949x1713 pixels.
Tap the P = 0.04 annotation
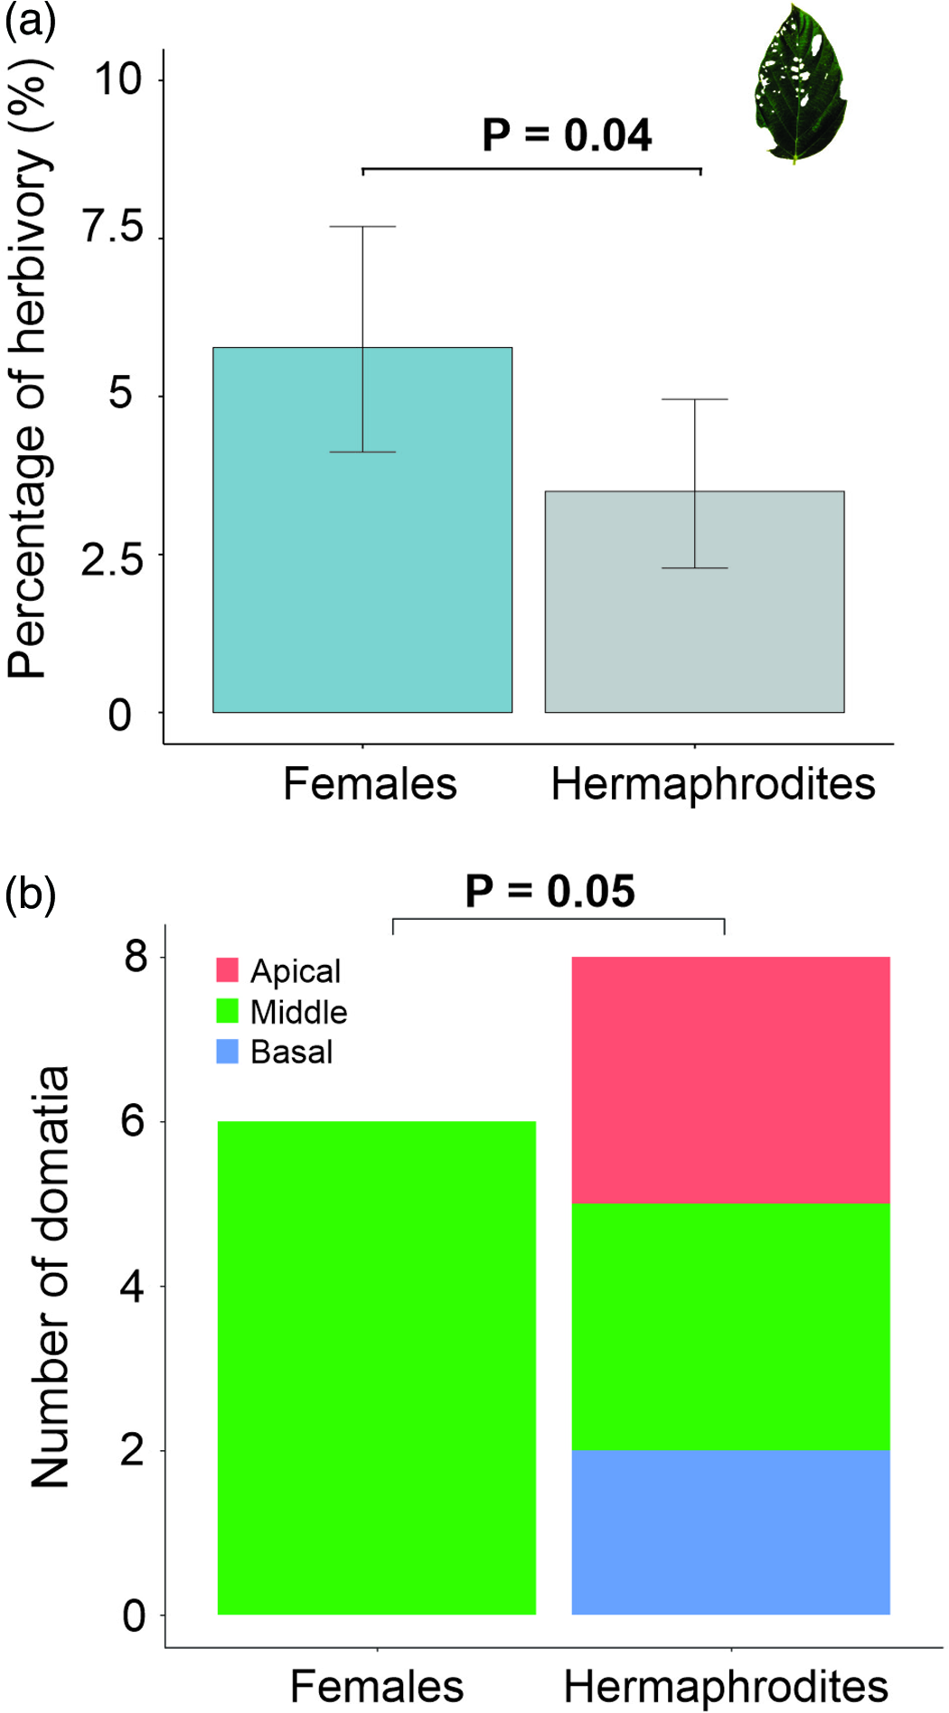[x=567, y=136]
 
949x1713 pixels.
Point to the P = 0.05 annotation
[x=550, y=892]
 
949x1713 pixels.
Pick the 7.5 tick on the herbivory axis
[x=112, y=228]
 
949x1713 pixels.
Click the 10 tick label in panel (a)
[x=117, y=80]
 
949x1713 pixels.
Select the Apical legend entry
[x=279, y=971]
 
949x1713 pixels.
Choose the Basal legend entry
[x=276, y=1053]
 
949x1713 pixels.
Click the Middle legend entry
[x=282, y=1012]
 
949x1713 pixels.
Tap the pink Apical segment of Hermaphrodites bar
[x=730, y=1080]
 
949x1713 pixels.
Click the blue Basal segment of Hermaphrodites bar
[x=730, y=1533]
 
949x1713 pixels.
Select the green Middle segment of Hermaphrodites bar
[x=730, y=1326]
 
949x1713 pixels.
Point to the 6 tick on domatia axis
[x=133, y=1121]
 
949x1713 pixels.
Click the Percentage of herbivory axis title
[x=29, y=370]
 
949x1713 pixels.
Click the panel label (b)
[x=30, y=894]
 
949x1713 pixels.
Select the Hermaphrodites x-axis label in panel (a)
[x=713, y=784]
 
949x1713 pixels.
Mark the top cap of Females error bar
[x=362, y=227]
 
